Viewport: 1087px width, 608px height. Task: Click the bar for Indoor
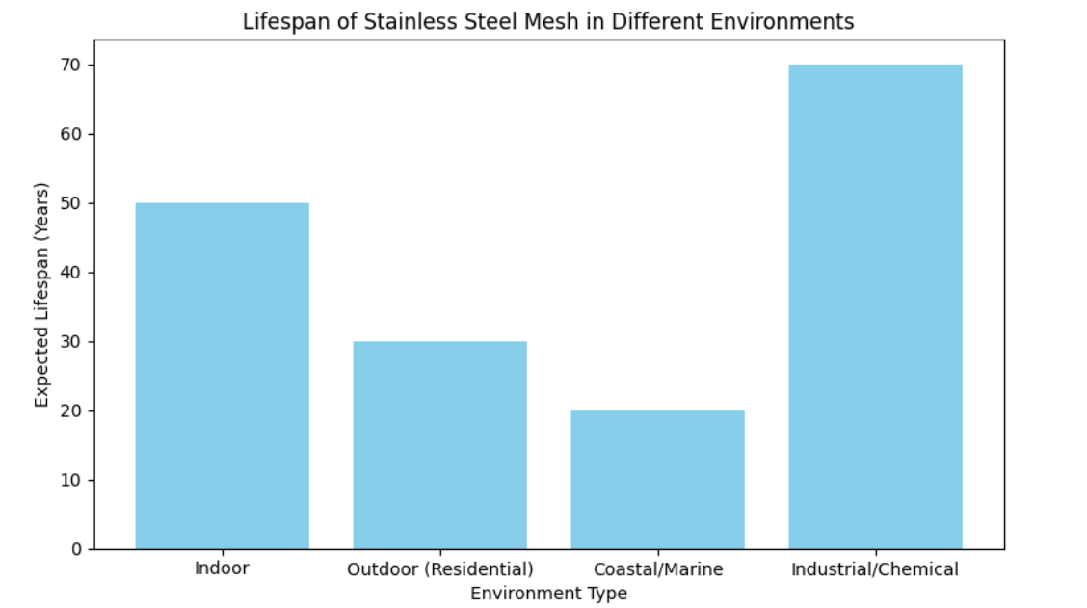point(222,376)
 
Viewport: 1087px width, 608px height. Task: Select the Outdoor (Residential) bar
point(439,445)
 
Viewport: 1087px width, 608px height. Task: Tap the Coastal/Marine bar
point(657,480)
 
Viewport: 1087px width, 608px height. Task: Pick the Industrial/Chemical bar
point(875,306)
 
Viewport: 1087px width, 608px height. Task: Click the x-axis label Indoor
point(222,568)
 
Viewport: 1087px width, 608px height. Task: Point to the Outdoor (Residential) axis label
point(439,569)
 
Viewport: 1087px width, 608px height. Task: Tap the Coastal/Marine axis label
point(657,569)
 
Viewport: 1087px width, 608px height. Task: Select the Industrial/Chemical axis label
point(875,569)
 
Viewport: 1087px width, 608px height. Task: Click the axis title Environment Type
point(548,594)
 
